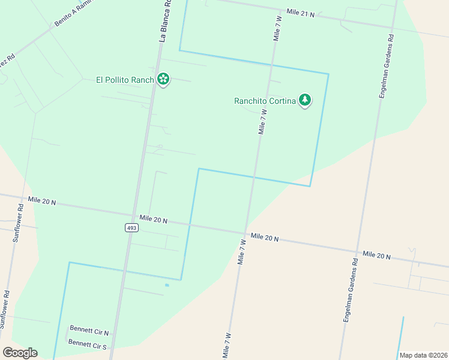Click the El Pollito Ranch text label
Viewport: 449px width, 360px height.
(125, 80)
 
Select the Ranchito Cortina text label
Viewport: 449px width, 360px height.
(265, 101)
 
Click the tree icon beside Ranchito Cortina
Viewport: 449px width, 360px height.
(305, 100)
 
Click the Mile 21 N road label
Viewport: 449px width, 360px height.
(300, 13)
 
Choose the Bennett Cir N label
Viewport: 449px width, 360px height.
(89, 330)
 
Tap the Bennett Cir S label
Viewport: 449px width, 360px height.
(87, 344)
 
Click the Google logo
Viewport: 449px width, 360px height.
(20, 353)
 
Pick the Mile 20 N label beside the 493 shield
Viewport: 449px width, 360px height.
(153, 220)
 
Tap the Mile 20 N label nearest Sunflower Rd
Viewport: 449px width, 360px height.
(41, 202)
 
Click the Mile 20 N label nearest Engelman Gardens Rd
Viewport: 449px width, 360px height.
(376, 256)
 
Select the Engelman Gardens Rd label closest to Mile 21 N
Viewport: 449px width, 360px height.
(386, 67)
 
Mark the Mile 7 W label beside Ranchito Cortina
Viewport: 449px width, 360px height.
(262, 121)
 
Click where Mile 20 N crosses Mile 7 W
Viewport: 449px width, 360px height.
(246, 234)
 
